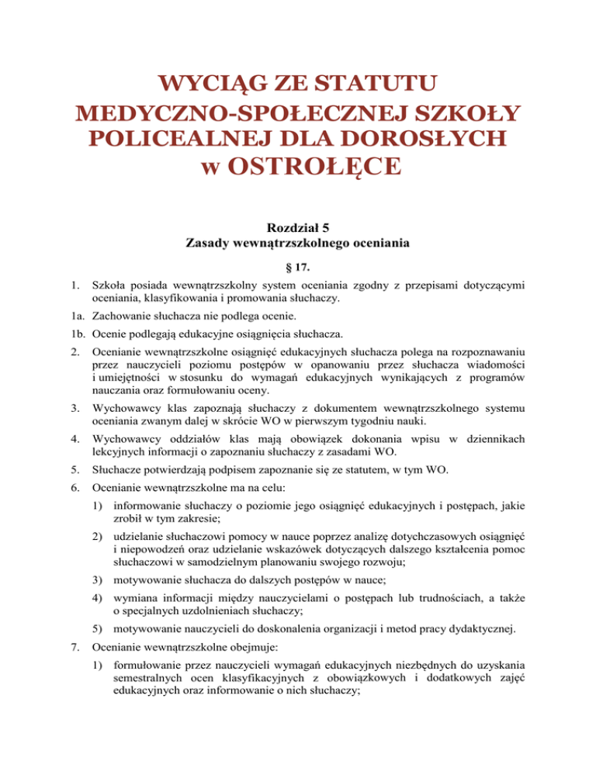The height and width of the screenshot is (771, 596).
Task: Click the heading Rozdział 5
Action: tap(298, 228)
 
